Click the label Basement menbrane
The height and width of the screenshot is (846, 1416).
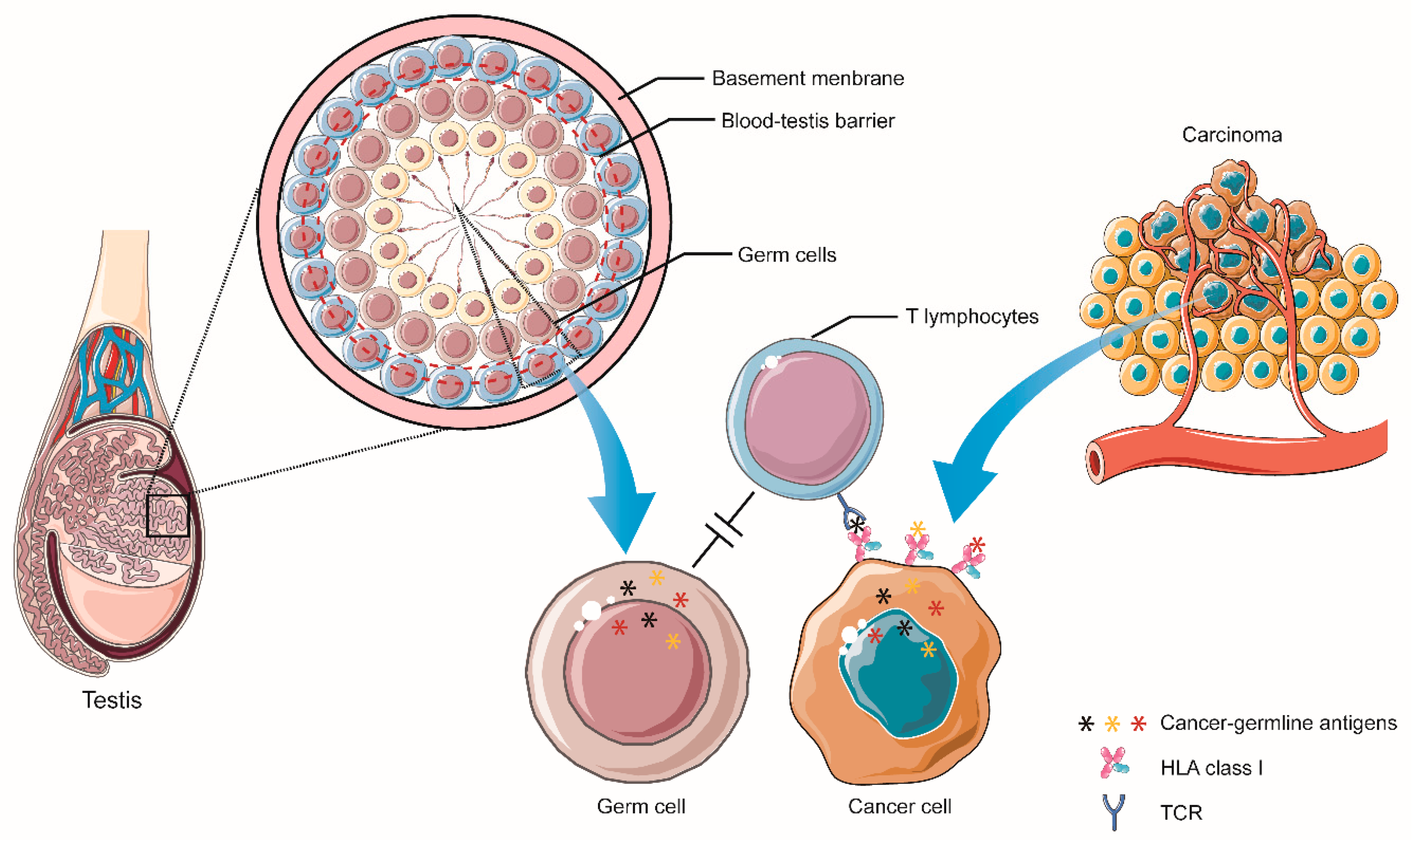point(807,78)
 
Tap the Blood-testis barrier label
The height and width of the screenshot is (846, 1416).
point(807,121)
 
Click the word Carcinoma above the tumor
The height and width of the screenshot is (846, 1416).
point(1232,135)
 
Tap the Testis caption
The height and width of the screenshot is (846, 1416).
point(112,700)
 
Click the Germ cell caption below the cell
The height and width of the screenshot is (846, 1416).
point(641,806)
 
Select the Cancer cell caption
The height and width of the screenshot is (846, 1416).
point(899,806)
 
